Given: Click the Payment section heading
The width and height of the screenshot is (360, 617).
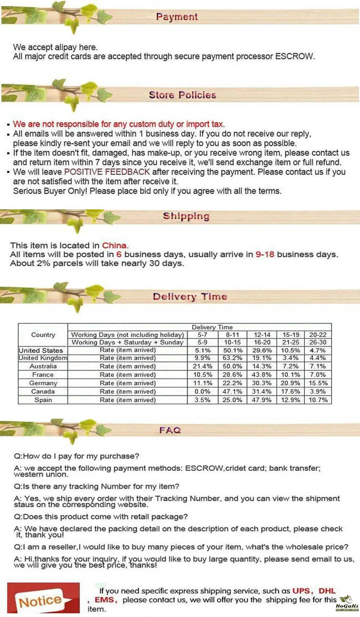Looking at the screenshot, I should point(177,17).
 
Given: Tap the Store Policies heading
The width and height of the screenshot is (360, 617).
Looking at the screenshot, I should point(183,95).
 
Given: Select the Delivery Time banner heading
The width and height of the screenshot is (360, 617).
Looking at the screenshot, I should point(190,297).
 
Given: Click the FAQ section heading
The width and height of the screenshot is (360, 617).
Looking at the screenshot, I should point(170,430).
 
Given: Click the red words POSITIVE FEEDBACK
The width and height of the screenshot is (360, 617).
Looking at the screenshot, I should point(107,172).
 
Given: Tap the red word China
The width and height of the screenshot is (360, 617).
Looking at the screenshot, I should point(114,245).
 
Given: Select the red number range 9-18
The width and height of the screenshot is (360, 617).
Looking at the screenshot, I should point(265,254).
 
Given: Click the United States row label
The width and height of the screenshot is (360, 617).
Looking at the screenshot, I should point(41,350).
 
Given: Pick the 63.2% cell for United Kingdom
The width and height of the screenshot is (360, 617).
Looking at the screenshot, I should point(233,358).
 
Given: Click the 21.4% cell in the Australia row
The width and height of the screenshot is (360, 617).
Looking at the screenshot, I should point(202,366).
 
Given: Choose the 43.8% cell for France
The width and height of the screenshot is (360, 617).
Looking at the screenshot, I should point(262,375).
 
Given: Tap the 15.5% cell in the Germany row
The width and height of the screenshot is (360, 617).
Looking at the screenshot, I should point(318,383).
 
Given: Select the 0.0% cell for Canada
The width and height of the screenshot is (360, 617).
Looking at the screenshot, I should point(202,392).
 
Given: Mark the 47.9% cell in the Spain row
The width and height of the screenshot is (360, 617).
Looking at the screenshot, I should point(262,400).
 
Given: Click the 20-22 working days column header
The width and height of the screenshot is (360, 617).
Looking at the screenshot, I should point(318,335).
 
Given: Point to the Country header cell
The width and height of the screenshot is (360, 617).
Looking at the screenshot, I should point(43,335).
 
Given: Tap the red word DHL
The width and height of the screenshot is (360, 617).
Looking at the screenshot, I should point(327,591).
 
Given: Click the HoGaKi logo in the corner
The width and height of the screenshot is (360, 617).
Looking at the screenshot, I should point(347,603).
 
